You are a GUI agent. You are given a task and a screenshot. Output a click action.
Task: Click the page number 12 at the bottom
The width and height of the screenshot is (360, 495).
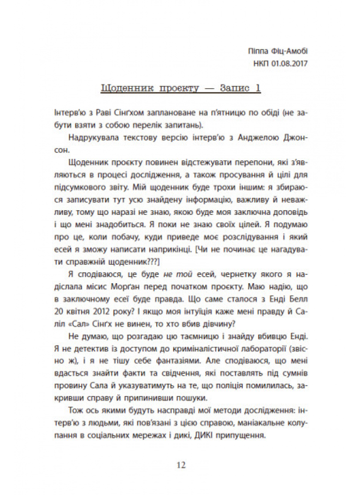(x=180, y=465)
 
